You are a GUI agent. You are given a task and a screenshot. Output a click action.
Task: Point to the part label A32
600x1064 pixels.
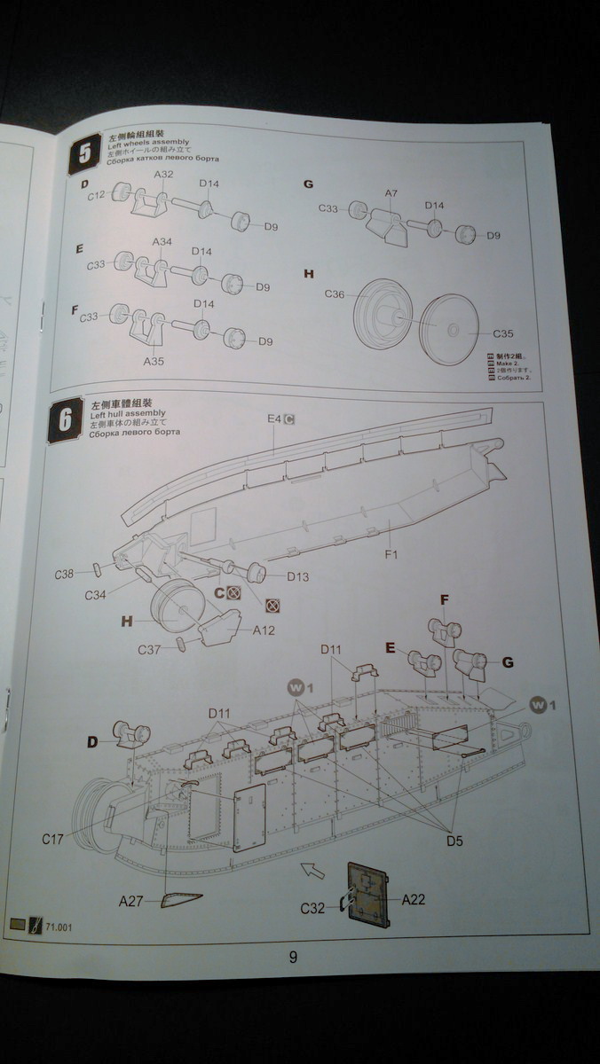(x=163, y=175)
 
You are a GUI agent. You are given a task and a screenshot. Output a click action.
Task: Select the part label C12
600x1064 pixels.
(x=98, y=194)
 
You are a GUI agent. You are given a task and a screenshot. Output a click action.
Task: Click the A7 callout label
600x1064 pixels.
(x=391, y=193)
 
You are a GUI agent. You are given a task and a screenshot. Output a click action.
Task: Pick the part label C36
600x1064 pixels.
(x=335, y=293)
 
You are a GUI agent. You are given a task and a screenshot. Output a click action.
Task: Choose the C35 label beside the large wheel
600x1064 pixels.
(x=503, y=334)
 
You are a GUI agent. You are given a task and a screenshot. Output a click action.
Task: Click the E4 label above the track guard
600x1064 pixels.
(x=274, y=419)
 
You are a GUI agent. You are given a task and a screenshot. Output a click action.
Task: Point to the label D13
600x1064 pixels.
(x=297, y=577)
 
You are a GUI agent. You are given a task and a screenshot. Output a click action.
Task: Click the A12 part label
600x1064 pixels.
(x=264, y=630)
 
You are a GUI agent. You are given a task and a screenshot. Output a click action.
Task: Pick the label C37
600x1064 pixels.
(x=149, y=650)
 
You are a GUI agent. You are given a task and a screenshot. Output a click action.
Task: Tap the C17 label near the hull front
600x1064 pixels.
(x=52, y=837)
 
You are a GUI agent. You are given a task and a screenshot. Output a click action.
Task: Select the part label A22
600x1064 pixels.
(x=414, y=899)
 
